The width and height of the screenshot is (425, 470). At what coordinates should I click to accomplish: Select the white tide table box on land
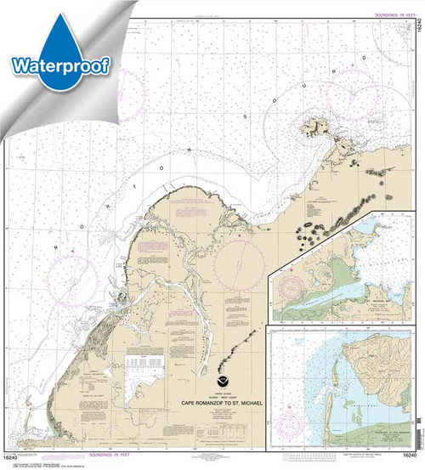[x=144, y=369]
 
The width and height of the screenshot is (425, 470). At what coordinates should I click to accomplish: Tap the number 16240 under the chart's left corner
[x=13, y=460]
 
